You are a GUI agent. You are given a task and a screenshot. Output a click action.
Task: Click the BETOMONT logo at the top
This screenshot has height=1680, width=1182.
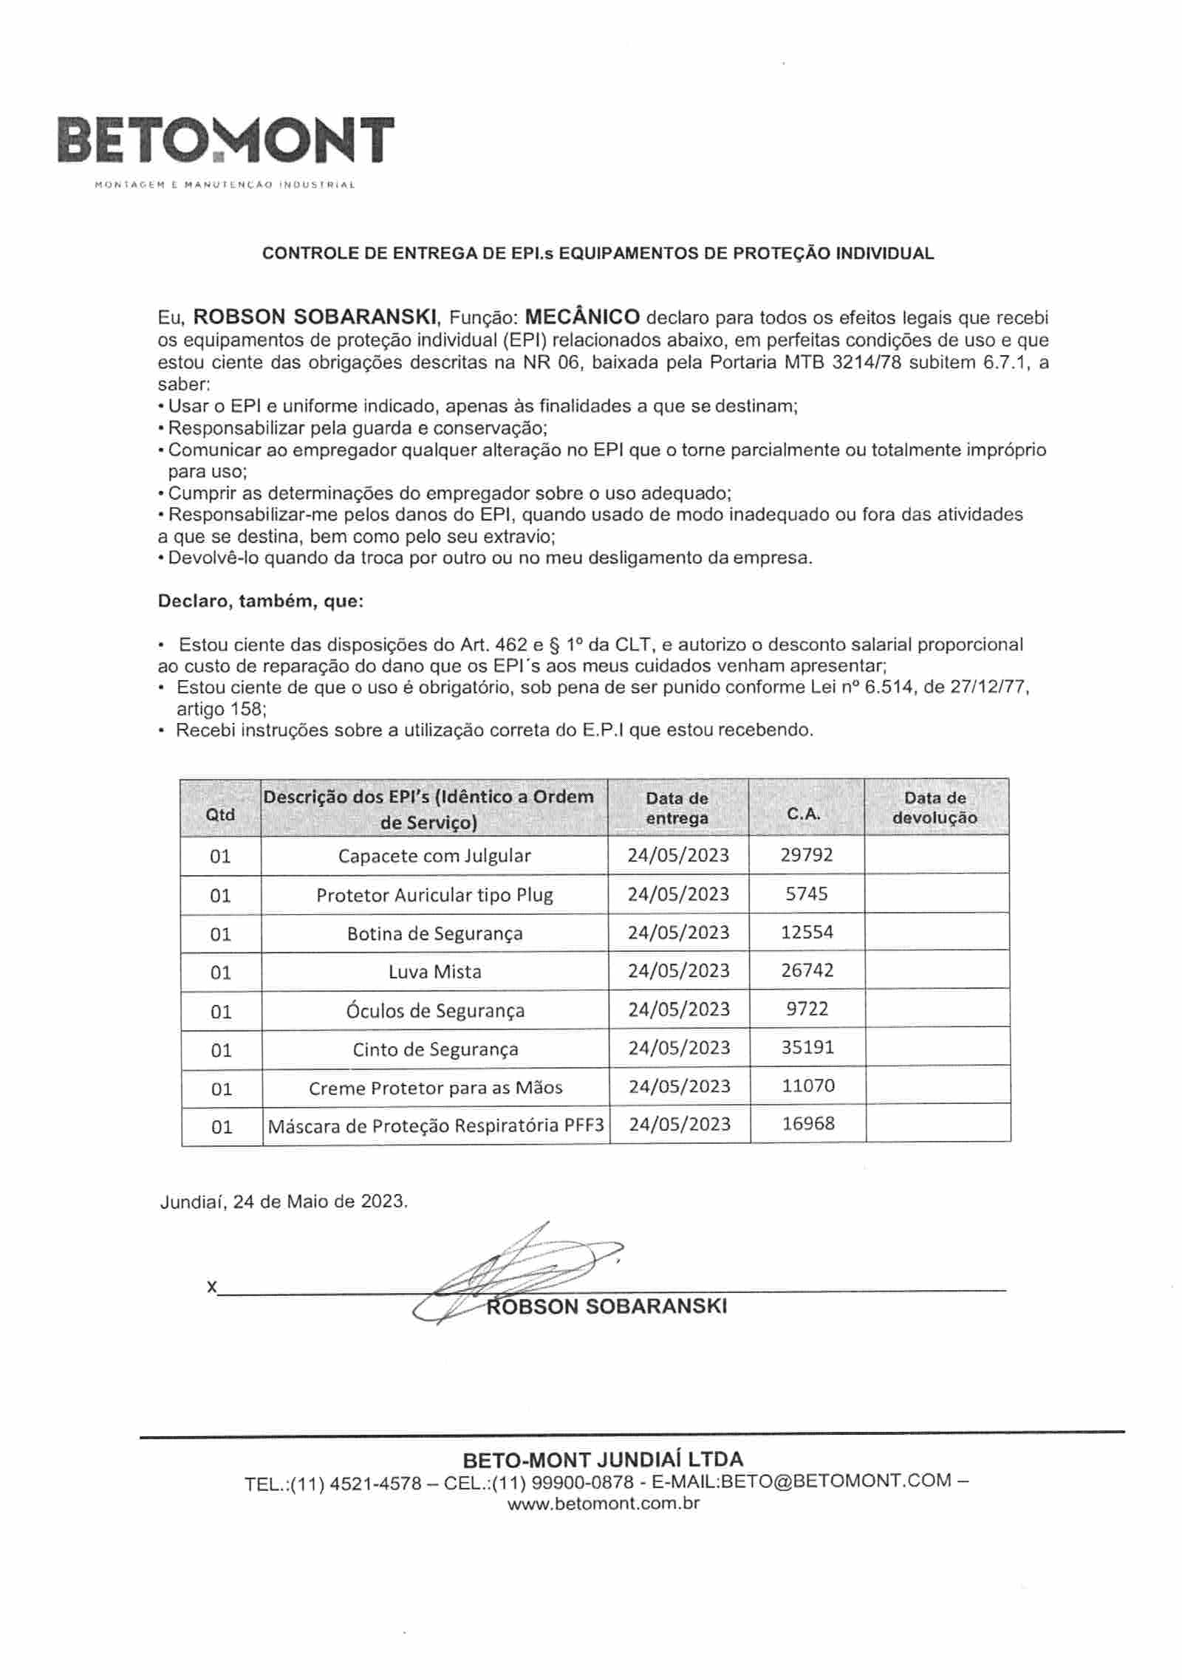(x=225, y=140)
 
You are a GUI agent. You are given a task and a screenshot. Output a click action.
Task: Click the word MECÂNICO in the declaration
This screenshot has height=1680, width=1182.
(x=582, y=318)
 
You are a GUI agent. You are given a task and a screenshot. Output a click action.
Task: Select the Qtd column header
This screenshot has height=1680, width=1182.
(x=220, y=814)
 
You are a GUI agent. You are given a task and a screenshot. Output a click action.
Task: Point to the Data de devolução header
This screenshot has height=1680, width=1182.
(x=935, y=808)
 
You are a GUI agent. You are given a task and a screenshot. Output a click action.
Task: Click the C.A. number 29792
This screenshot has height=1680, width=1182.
(x=807, y=855)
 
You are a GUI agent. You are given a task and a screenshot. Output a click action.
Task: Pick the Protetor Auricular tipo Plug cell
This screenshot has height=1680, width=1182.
(x=434, y=895)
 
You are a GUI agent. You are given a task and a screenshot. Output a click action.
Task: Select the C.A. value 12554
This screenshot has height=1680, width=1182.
(x=807, y=932)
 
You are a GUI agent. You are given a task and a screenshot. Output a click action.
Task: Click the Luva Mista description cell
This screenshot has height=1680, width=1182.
(x=434, y=972)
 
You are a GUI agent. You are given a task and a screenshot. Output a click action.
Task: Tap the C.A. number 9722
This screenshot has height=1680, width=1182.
(x=807, y=1009)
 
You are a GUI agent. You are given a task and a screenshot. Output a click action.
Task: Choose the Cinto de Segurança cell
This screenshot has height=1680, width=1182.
(x=434, y=1049)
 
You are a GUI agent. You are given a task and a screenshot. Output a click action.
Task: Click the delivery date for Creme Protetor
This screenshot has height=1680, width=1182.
(x=678, y=1086)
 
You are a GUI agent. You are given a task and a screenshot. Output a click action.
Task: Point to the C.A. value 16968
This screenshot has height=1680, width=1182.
(x=807, y=1124)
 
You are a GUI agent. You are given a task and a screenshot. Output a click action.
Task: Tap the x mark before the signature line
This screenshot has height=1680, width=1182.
(x=212, y=1287)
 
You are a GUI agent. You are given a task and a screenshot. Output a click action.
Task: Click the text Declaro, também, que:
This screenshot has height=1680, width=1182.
(x=261, y=601)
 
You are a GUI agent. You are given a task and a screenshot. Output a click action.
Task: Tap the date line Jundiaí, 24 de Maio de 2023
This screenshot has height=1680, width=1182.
(x=284, y=1201)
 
